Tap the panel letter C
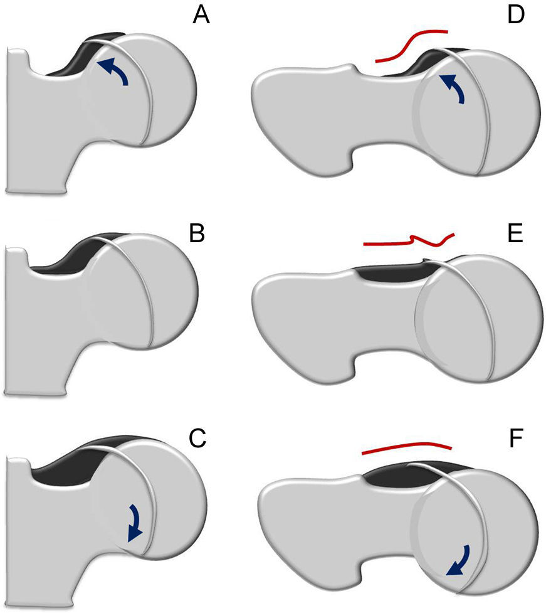[x=197, y=439]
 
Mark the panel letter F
[x=516, y=439]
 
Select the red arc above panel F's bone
[x=406, y=448]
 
